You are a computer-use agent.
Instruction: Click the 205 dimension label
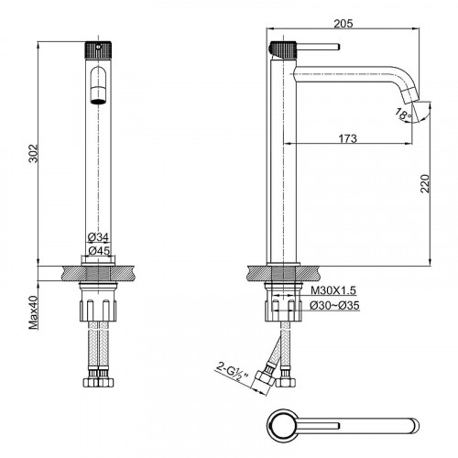click(x=343, y=23)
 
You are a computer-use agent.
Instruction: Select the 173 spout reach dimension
click(x=347, y=138)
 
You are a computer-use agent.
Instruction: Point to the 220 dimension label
click(x=425, y=183)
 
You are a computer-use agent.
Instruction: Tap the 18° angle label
click(x=403, y=114)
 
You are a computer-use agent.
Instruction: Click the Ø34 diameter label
click(x=98, y=236)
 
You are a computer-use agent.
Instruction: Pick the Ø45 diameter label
click(x=99, y=251)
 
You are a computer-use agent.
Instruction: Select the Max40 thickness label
click(x=33, y=312)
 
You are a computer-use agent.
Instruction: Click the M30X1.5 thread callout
click(x=333, y=290)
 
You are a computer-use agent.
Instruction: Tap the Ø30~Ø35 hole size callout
click(x=334, y=305)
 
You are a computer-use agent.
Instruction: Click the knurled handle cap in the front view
click(x=98, y=49)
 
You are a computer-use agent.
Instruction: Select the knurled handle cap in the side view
click(x=282, y=49)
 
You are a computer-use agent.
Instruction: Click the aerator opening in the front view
click(x=98, y=101)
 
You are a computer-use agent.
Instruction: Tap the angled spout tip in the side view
click(x=410, y=95)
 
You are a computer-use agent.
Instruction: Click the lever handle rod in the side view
click(x=318, y=47)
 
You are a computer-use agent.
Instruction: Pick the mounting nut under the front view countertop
click(x=98, y=311)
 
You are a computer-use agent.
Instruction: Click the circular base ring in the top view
click(x=282, y=425)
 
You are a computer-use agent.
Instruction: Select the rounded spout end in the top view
click(x=415, y=425)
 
